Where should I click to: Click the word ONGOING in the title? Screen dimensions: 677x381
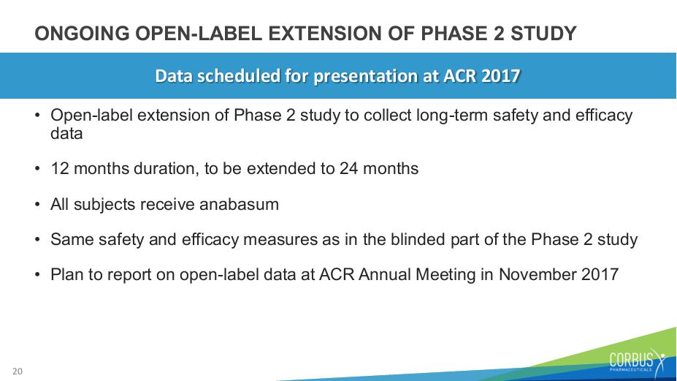82,34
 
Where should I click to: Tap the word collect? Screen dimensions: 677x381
388,116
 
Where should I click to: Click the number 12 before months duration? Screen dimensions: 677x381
60,169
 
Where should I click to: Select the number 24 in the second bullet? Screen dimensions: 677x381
349,169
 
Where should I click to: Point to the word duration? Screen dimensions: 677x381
167,169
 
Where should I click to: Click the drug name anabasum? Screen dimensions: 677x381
239,204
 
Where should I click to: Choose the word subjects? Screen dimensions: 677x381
104,205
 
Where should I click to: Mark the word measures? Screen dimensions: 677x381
280,240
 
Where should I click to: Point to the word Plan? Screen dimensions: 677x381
67,275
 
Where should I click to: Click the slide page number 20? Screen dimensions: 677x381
18,371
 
